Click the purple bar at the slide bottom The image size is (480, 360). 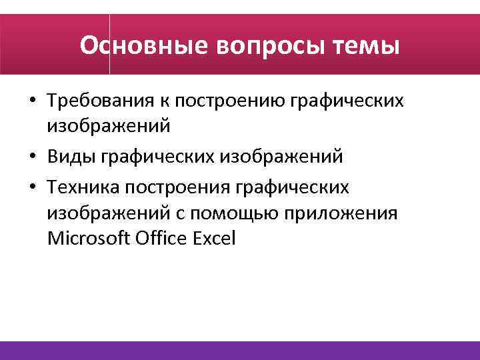point(240,351)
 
